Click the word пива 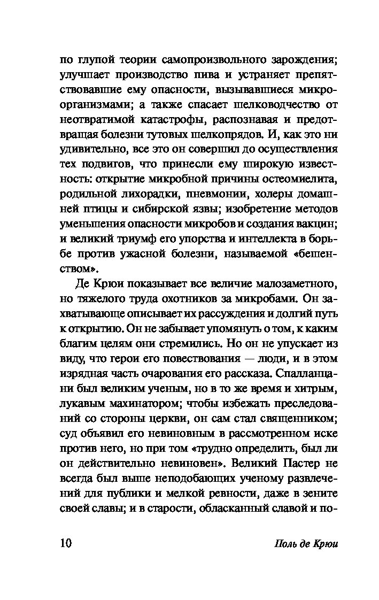207,74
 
